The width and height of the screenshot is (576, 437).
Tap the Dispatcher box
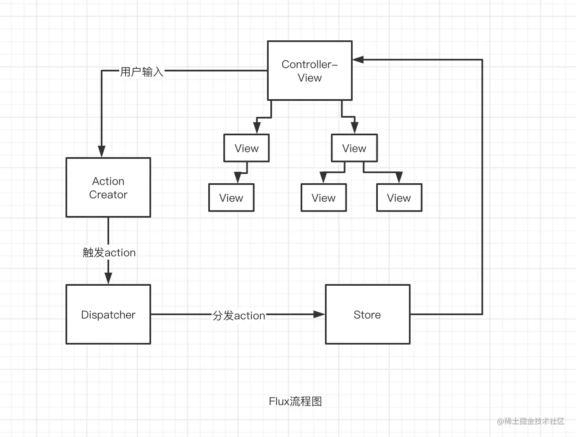tap(108, 314)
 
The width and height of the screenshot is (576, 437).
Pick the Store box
tap(367, 314)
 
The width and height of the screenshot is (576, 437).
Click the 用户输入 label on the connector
tap(141, 72)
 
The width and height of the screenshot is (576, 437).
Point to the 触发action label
tap(109, 253)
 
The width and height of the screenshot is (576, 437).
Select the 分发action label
tap(238, 316)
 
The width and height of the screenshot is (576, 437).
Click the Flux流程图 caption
tap(295, 401)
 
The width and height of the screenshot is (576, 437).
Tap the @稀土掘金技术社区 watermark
tap(531, 421)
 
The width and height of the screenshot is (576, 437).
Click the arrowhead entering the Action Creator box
tap(102, 151)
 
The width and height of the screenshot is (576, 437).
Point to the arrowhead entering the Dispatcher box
tap(108, 278)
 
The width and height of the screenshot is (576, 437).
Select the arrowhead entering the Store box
tap(319, 314)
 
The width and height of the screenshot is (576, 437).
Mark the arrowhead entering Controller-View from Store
tap(358, 60)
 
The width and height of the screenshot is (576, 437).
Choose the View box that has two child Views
tap(354, 148)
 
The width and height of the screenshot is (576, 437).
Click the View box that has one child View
tap(246, 148)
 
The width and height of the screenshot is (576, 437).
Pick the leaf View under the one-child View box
tap(231, 197)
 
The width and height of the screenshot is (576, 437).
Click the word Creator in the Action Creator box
tap(108, 195)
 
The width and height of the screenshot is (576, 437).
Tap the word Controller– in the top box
tap(309, 64)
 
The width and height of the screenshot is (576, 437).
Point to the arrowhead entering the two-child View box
tap(354, 128)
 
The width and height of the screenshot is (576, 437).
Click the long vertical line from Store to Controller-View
tap(482, 189)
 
